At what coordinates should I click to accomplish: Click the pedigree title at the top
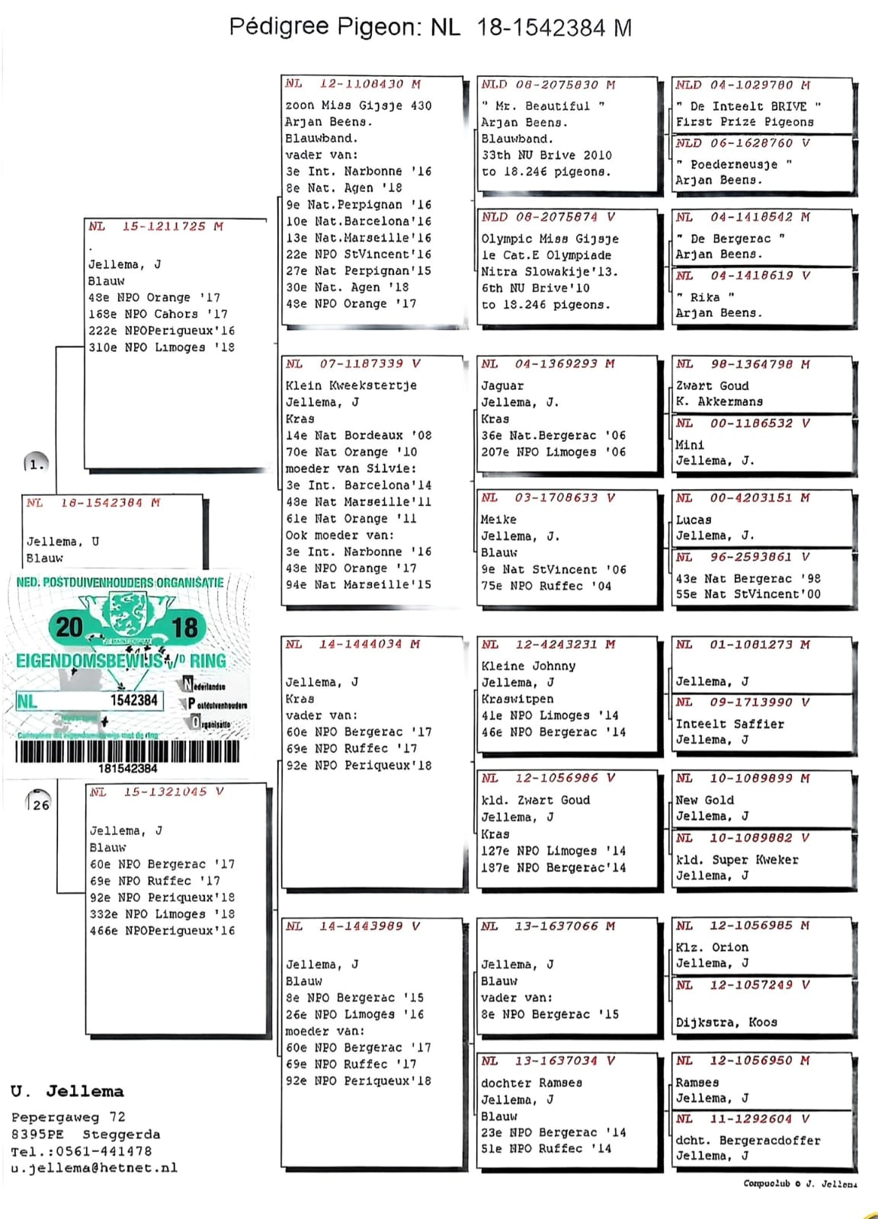pos(430,27)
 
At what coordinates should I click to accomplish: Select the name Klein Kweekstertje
pos(351,386)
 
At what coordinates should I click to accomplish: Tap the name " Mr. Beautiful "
pos(542,106)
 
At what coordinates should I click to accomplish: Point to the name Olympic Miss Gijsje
pos(550,238)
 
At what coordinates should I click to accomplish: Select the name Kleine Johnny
pos(528,666)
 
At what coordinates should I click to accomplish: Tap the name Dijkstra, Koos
pos(726,1022)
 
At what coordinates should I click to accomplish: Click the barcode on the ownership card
pos(127,752)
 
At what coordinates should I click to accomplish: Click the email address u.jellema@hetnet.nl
pos(94,1168)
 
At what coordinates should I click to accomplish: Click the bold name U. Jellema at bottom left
pos(67,1091)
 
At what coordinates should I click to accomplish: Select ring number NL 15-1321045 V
pos(156,792)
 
